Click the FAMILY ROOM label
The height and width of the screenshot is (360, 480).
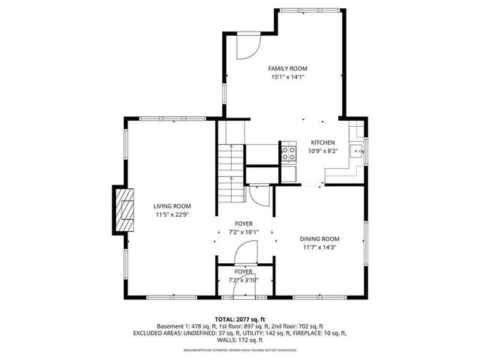click(x=287, y=68)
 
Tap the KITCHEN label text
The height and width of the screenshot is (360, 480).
click(x=323, y=142)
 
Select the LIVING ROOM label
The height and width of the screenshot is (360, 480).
click(x=172, y=206)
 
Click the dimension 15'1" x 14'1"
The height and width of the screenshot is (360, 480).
click(x=287, y=76)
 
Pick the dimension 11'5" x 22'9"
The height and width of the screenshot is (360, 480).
click(x=172, y=214)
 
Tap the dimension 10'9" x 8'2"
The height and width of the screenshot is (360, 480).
click(x=323, y=151)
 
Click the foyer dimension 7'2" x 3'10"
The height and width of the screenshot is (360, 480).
click(x=243, y=280)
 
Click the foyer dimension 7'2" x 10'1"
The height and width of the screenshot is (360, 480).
click(x=243, y=232)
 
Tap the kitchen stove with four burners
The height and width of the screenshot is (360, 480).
click(x=288, y=153)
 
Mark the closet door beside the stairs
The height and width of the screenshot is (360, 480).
click(x=258, y=196)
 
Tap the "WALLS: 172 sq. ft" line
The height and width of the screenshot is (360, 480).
click(x=240, y=340)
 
